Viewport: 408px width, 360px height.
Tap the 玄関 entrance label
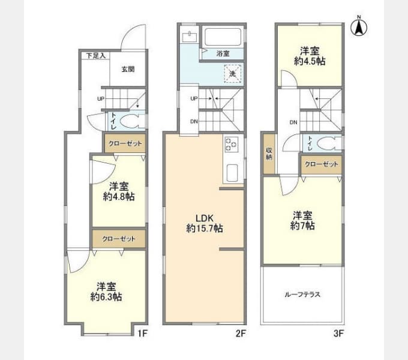pyautogui.click(x=128, y=69)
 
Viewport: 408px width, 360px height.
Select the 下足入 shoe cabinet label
pyautogui.click(x=96, y=56)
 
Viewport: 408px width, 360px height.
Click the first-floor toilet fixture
pyautogui.click(x=132, y=121)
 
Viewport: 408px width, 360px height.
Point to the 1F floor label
pyautogui.click(x=143, y=333)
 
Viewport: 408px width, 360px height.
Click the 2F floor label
pyautogui.click(x=241, y=333)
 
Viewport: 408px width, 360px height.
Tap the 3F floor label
pyautogui.click(x=339, y=333)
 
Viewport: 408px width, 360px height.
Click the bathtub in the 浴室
pyautogui.click(x=223, y=37)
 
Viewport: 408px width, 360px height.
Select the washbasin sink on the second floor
pyautogui.click(x=190, y=37)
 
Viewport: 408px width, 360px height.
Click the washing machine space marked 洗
pyautogui.click(x=233, y=74)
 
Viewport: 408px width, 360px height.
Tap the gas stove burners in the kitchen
pyautogui.click(x=232, y=145)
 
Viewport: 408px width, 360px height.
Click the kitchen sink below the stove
pyautogui.click(x=232, y=173)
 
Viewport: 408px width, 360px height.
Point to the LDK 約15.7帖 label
pyautogui.click(x=205, y=223)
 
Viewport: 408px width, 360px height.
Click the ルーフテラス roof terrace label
pyautogui.click(x=302, y=295)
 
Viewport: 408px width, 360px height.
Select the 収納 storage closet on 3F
pyautogui.click(x=269, y=154)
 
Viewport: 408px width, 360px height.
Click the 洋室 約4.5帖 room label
pyautogui.click(x=310, y=56)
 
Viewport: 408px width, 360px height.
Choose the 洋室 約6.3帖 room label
pyautogui.click(x=106, y=292)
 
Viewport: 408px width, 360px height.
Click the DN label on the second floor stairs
pyautogui.click(x=194, y=121)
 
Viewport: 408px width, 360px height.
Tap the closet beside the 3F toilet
pyautogui.click(x=322, y=164)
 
